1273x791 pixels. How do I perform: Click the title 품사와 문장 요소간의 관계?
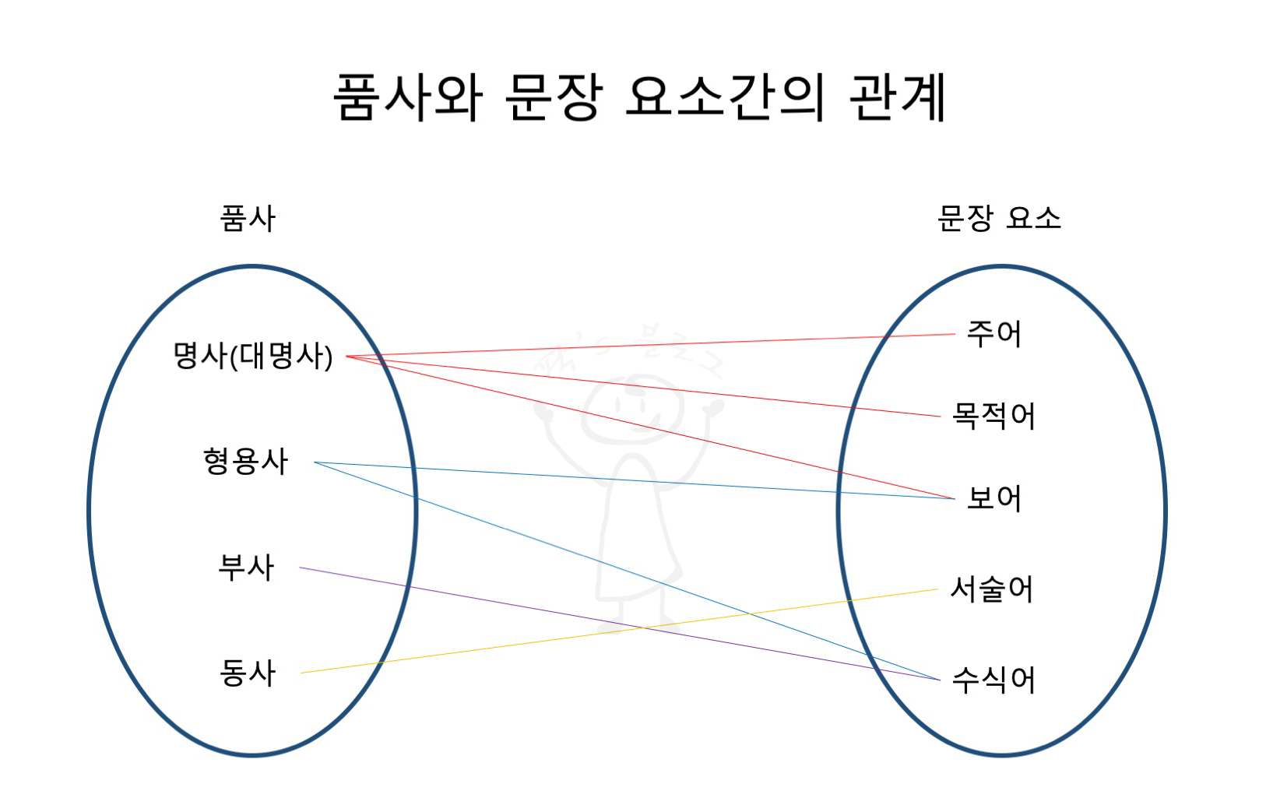[x=638, y=97]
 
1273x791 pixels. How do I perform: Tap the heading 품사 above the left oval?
[x=248, y=219]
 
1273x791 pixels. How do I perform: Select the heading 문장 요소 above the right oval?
[x=999, y=218]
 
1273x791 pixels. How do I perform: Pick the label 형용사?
[x=245, y=462]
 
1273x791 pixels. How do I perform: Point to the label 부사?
[x=246, y=568]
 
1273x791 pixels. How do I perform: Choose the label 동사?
[x=248, y=673]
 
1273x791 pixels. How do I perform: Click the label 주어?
[x=993, y=334]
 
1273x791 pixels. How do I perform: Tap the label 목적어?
[x=993, y=417]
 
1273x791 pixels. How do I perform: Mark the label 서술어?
[x=992, y=589]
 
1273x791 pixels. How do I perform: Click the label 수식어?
[x=993, y=680]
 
